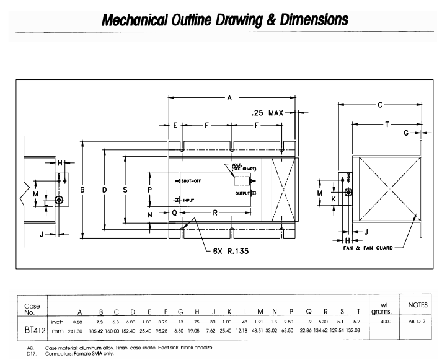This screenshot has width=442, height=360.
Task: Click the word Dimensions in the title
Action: pyautogui.click(x=308, y=20)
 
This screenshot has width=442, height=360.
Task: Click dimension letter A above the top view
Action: pyautogui.click(x=231, y=97)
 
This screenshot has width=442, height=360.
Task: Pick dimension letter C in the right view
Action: pyautogui.click(x=380, y=105)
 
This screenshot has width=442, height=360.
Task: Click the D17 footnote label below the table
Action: pyautogui.click(x=29, y=354)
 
